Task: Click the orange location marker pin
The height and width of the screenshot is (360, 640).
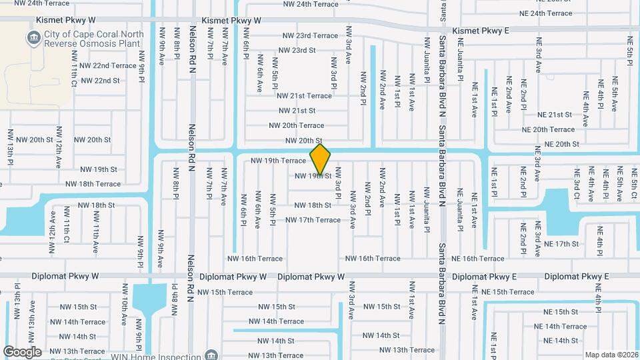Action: point(321,159)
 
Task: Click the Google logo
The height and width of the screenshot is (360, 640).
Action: point(23,351)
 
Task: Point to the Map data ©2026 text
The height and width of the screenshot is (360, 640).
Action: point(611,355)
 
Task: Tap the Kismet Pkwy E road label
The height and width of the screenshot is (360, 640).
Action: point(480,31)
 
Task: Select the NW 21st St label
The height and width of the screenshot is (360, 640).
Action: point(297,111)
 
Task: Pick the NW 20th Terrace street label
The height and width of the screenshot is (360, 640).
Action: point(296,125)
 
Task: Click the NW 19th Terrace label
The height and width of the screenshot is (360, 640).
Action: point(278,161)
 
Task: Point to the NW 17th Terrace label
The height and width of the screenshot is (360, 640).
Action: point(313,220)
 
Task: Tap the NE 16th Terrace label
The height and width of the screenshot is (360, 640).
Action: point(478,259)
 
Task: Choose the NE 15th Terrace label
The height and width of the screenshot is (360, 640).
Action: point(508,292)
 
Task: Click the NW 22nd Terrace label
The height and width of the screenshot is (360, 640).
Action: point(108,66)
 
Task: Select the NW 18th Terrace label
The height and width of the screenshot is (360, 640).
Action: point(93,184)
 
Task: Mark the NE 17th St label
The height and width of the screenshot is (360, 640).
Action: point(561,244)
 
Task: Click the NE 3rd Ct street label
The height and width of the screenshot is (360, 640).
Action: point(577,183)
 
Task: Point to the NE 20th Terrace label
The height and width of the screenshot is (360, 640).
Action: point(548,129)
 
